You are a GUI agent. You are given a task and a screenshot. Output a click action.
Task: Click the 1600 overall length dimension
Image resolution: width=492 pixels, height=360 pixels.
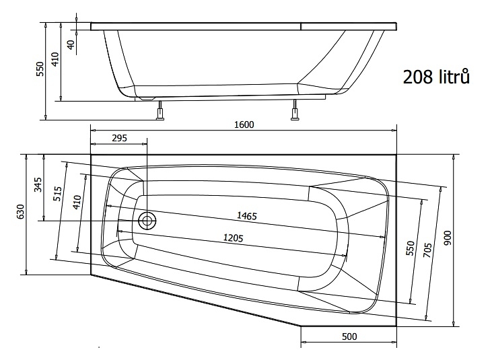tap(244, 124)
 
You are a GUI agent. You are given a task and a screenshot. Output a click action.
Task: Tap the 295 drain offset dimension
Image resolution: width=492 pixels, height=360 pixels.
tap(120, 138)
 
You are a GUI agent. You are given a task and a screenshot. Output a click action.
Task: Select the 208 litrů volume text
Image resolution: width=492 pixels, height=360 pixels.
tap(436, 77)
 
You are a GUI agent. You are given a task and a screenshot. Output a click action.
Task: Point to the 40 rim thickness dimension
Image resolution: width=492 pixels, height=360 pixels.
tap(71, 44)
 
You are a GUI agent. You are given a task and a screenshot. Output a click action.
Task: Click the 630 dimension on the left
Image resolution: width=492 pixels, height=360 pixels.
tap(20, 211)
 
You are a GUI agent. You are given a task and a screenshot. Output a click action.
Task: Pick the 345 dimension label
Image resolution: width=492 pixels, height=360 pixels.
tap(38, 184)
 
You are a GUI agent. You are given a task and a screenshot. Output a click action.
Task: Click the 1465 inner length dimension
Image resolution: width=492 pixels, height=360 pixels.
tap(247, 216)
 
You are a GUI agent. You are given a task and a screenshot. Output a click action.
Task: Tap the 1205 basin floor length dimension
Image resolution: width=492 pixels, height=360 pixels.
tap(233, 238)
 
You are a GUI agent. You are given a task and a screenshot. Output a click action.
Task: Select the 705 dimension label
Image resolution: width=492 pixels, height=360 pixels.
tap(427, 250)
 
